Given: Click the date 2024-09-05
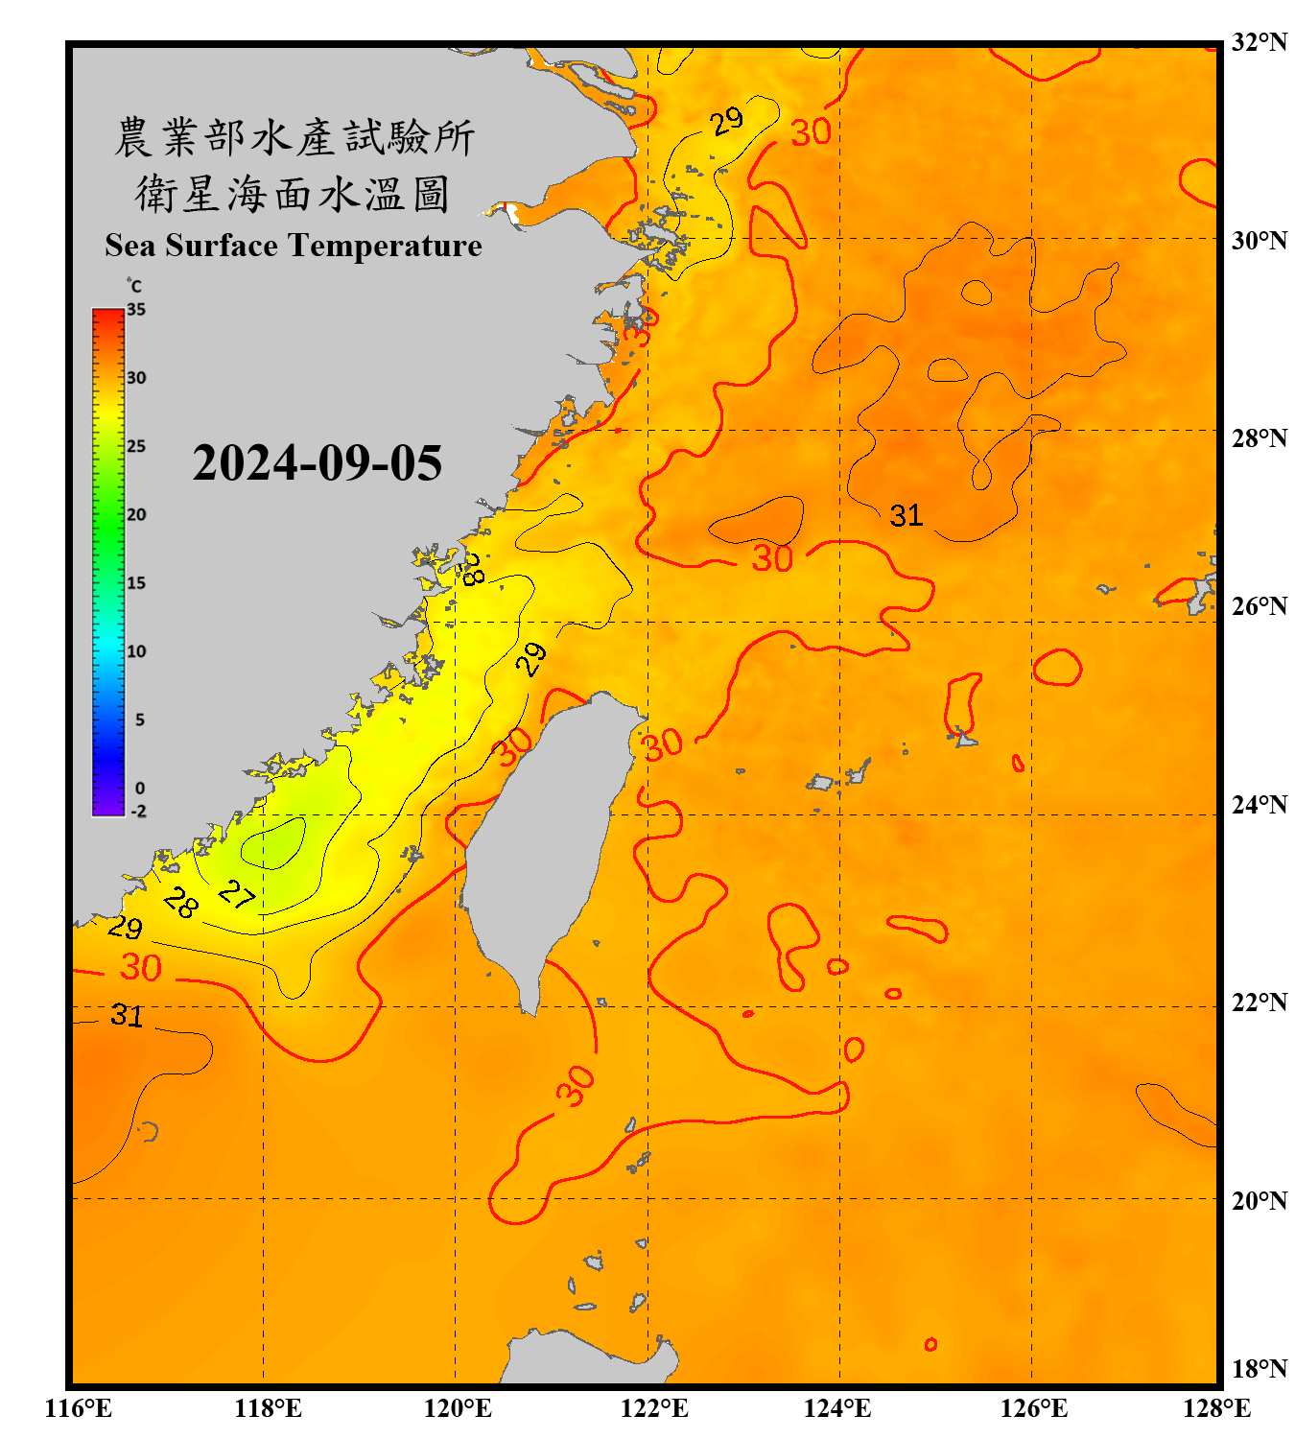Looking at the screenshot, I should click(x=318, y=463).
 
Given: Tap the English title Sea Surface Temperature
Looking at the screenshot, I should click(x=294, y=246).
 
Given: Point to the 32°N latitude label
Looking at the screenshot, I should click(x=1259, y=42).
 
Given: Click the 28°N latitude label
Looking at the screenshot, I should click(x=1259, y=438).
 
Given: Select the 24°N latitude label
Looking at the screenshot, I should click(x=1259, y=805).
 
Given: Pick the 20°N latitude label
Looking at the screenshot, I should click(x=1259, y=1201).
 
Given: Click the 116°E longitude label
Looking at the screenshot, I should click(x=78, y=1408).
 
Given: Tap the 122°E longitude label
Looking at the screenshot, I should click(x=654, y=1408).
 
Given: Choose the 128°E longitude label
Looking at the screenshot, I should click(x=1216, y=1408).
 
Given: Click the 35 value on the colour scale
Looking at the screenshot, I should click(x=136, y=310).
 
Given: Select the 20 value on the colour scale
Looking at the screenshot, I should click(x=136, y=515).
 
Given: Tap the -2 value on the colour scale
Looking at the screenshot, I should click(x=138, y=812).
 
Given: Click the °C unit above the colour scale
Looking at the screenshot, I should click(x=133, y=286).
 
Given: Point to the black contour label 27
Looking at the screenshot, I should click(x=236, y=894).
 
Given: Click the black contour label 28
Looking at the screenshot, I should click(x=180, y=903).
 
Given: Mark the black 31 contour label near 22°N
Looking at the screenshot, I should click(x=127, y=1015).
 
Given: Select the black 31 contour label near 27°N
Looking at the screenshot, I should click(x=906, y=516).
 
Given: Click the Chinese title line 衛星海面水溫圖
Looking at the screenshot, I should click(x=293, y=194).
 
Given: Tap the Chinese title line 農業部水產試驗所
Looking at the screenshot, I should click(x=294, y=137).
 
